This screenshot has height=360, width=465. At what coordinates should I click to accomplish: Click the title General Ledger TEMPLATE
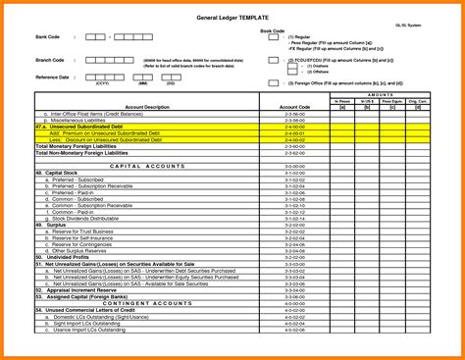point(232,19)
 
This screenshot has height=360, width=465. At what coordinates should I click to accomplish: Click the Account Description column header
point(147,107)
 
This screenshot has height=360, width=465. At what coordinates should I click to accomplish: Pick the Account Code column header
point(294,107)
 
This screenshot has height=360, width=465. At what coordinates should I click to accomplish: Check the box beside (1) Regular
point(274,38)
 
